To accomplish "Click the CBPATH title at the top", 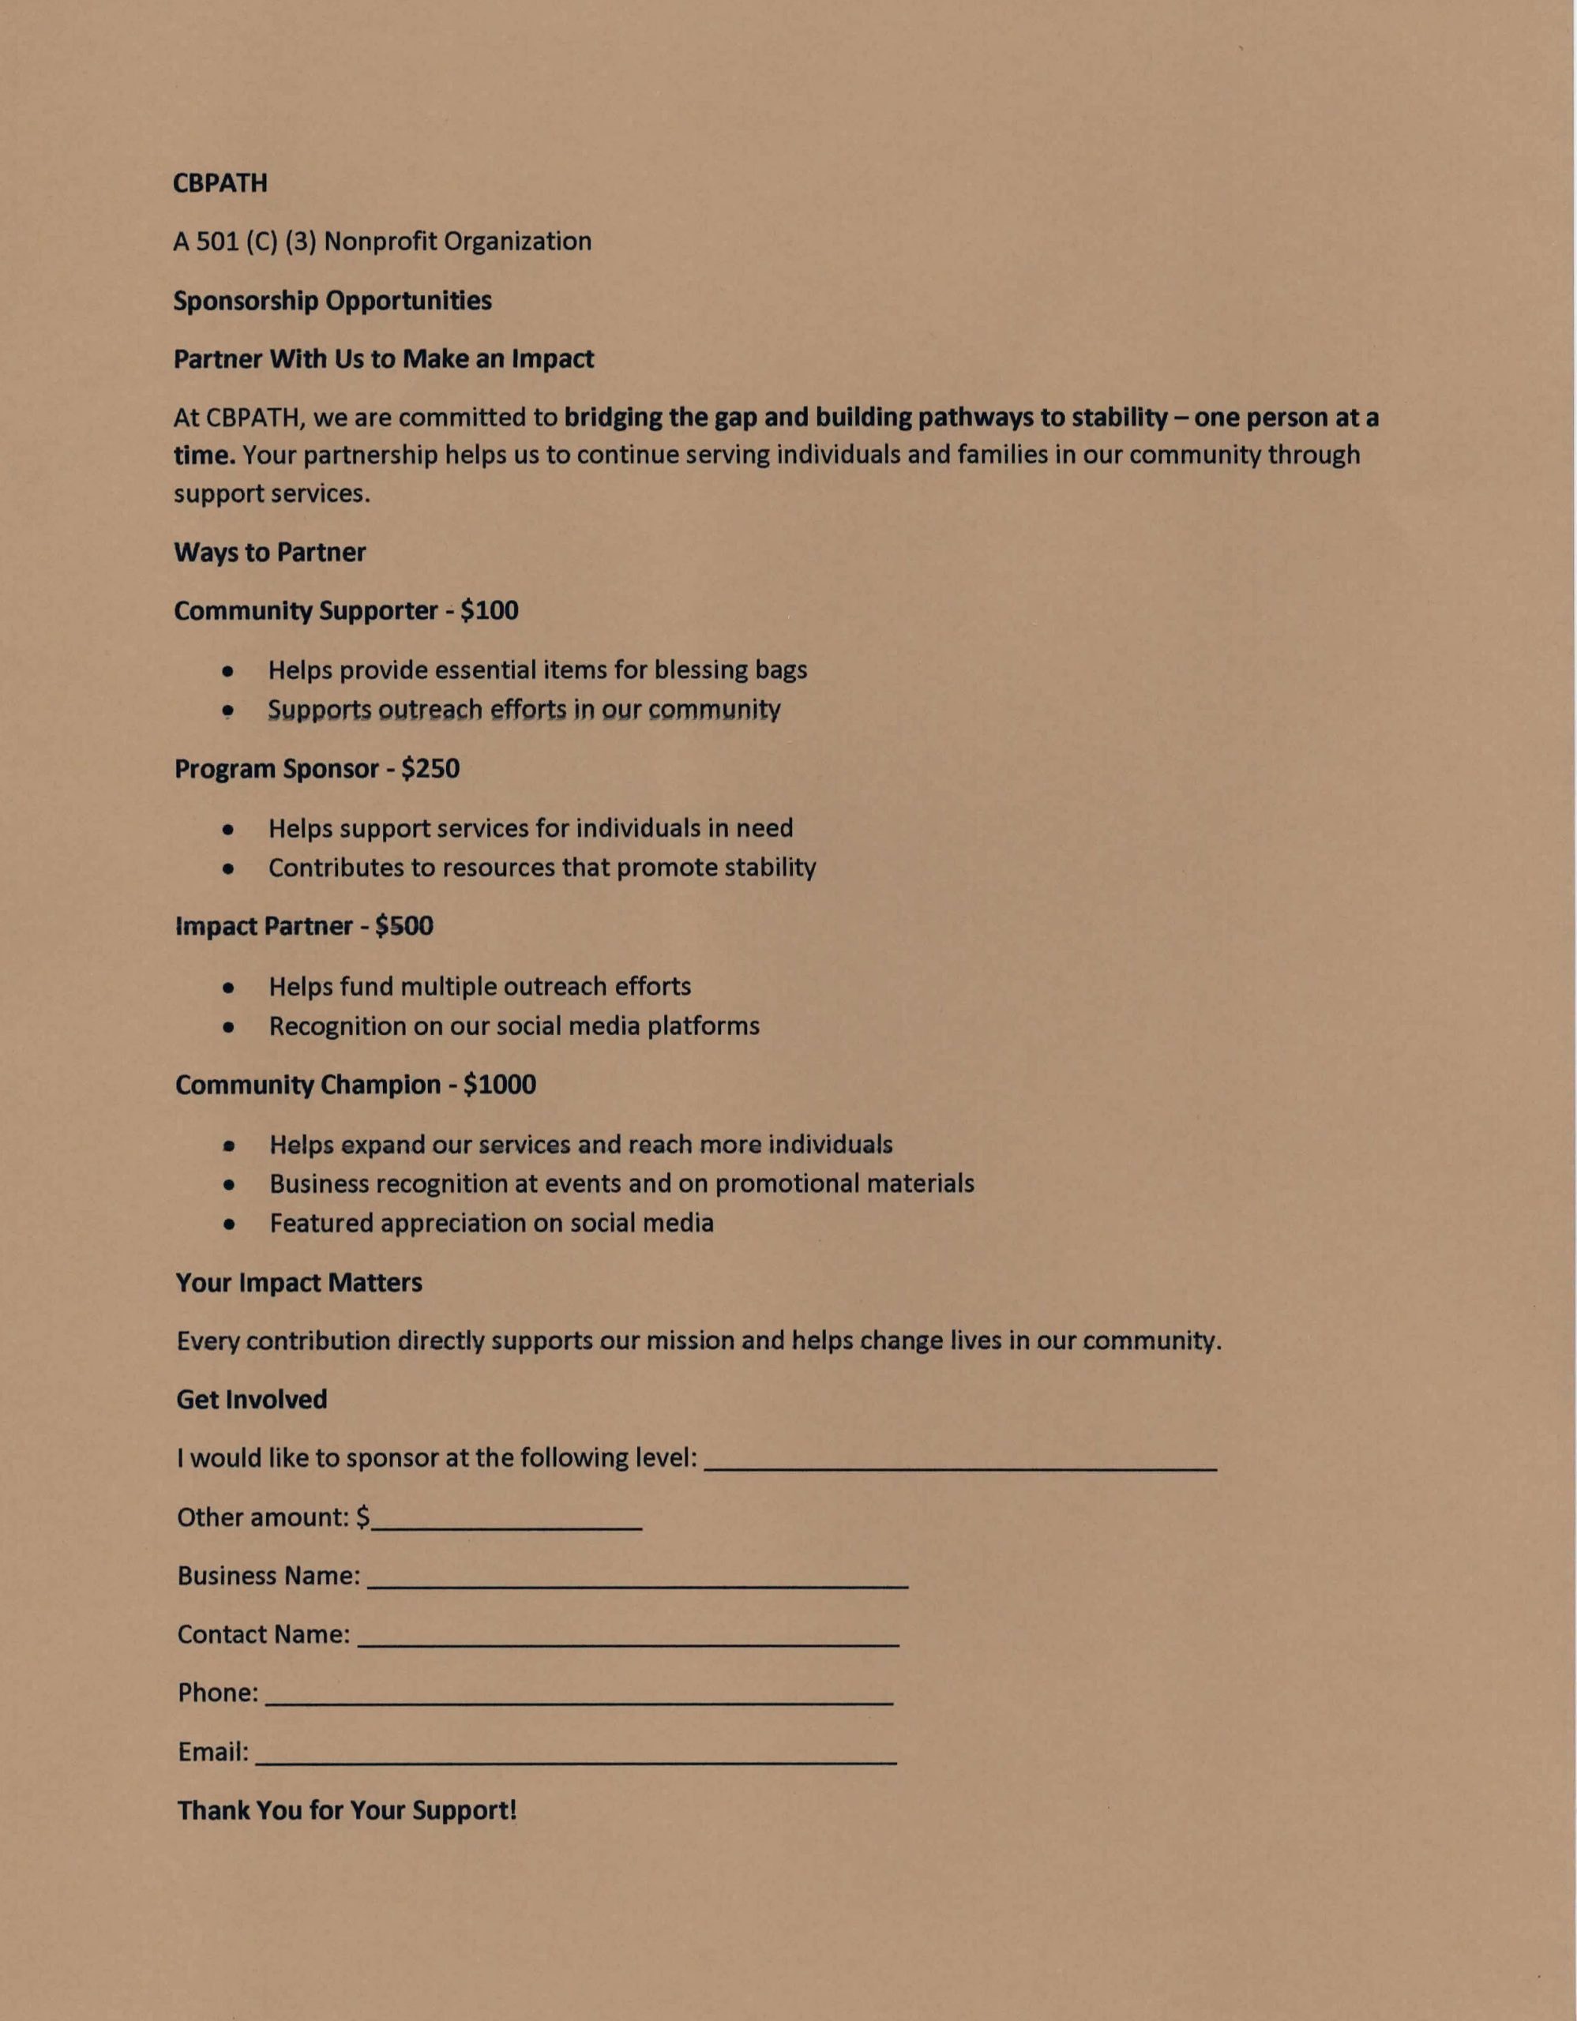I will [x=220, y=183].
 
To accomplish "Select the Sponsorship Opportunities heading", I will [x=332, y=301].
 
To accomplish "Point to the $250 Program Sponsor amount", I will [x=430, y=769].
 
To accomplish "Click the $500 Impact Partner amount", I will [x=404, y=926].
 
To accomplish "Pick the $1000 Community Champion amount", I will [x=500, y=1085].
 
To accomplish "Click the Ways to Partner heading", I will [x=269, y=553].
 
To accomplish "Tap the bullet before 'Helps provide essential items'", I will [x=227, y=671].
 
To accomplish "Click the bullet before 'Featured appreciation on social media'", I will [x=228, y=1225].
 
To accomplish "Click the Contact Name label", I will [x=264, y=1634].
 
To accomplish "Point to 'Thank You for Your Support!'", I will [x=347, y=1810].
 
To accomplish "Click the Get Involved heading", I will [x=252, y=1399].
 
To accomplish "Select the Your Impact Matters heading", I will [x=299, y=1283].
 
